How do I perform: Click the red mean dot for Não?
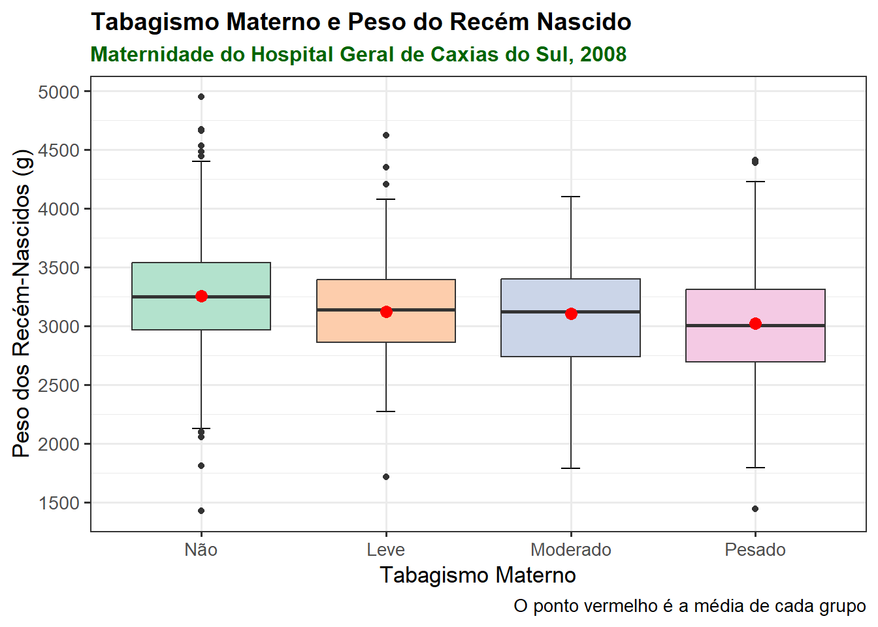pyautogui.click(x=201, y=297)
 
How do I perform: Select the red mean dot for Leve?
pyautogui.click(x=386, y=312)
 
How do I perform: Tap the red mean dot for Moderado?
pyautogui.click(x=571, y=314)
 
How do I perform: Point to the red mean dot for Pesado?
pyautogui.click(x=755, y=324)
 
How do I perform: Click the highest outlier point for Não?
pyautogui.click(x=201, y=97)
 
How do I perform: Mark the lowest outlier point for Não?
pyautogui.click(x=201, y=511)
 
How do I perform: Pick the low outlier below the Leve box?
pyautogui.click(x=386, y=477)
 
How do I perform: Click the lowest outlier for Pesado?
pyautogui.click(x=755, y=509)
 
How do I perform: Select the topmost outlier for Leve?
pyautogui.click(x=386, y=135)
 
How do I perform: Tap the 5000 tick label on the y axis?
pyautogui.click(x=59, y=92)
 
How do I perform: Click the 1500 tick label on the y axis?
pyautogui.click(x=59, y=503)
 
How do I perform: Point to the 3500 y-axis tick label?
pyautogui.click(x=59, y=268)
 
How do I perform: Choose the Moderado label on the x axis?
pyautogui.click(x=571, y=550)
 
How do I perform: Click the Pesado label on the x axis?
pyautogui.click(x=755, y=550)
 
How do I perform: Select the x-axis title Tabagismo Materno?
pyautogui.click(x=478, y=575)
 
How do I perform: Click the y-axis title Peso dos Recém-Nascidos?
pyautogui.click(x=22, y=304)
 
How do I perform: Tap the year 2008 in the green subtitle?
pyautogui.click(x=603, y=54)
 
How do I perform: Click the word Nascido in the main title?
pyautogui.click(x=584, y=22)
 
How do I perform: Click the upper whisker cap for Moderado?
pyautogui.click(x=571, y=197)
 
